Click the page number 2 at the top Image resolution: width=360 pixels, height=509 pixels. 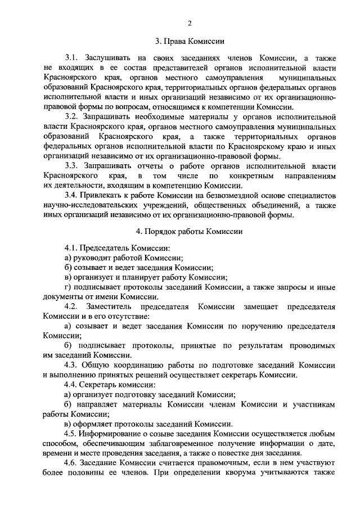(x=190, y=22)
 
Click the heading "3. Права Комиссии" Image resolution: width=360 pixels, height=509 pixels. (x=190, y=41)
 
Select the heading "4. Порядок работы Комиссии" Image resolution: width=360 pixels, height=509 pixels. (x=190, y=231)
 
